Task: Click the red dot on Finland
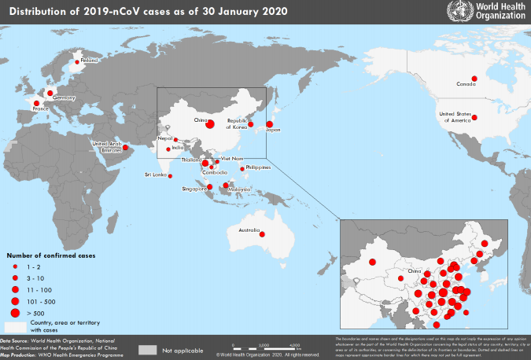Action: [x=77, y=61]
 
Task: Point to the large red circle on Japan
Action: [x=269, y=123]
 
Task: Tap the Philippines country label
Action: [x=258, y=167]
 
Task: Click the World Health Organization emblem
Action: [x=455, y=12]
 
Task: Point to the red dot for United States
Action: [x=474, y=119]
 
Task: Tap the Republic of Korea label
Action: [x=238, y=123]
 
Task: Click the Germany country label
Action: [x=64, y=97]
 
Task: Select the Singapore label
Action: [x=194, y=189]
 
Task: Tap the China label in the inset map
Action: [x=415, y=273]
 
